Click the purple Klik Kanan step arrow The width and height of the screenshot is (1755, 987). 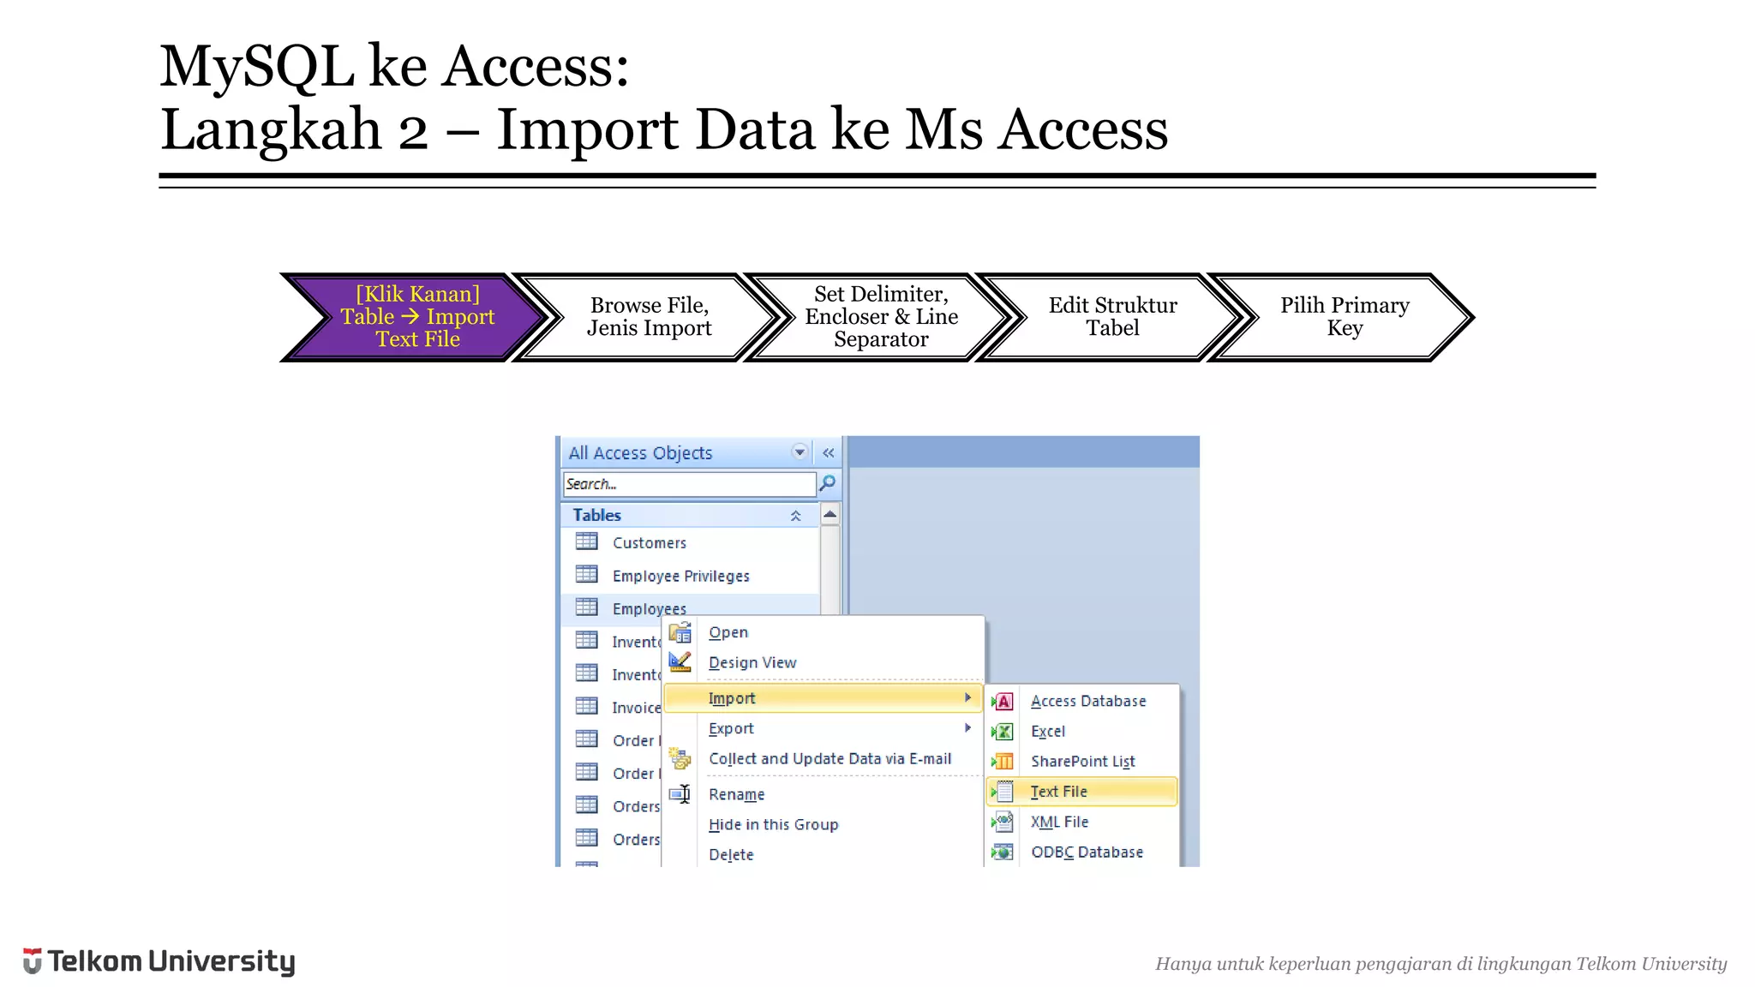point(417,317)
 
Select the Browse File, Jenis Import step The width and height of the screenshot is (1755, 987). point(649,317)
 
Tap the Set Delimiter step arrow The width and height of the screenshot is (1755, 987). point(881,317)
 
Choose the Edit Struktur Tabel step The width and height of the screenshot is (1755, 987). point(1112,317)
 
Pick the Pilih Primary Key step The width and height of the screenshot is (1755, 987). point(1344,317)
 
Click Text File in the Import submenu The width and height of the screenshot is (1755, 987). point(1059,792)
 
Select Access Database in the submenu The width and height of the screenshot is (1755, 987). point(1087,701)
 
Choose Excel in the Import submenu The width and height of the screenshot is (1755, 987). point(1048,732)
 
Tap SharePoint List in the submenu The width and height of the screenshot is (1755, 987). point(1082,762)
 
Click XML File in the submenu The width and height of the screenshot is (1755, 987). point(1059,822)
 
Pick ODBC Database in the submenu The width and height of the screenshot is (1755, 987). point(1087,852)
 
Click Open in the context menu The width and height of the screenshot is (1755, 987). point(728,632)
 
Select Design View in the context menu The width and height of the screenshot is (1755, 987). point(752,662)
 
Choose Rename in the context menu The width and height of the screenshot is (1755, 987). point(736,794)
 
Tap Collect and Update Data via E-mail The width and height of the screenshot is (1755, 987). point(830,759)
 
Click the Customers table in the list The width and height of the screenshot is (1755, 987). point(649,543)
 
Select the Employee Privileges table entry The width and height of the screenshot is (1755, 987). point(680,577)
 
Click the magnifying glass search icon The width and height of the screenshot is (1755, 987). point(828,484)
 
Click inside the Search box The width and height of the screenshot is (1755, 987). point(689,484)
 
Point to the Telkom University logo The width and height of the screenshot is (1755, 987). point(159,961)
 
